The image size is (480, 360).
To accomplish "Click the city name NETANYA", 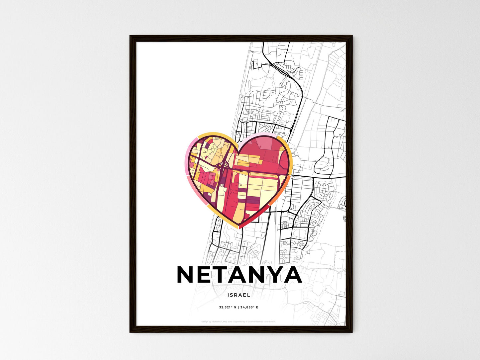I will point(240,275).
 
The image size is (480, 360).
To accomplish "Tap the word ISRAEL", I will point(239,295).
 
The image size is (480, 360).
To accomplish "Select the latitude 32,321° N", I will point(228,308).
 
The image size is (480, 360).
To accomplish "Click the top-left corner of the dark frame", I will point(131,36).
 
